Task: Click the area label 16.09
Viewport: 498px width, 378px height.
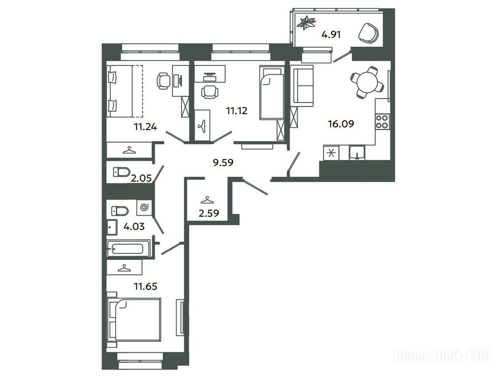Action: pos(341,124)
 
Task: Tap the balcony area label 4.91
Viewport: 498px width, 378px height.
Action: pos(331,34)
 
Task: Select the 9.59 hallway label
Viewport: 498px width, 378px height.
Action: pos(223,162)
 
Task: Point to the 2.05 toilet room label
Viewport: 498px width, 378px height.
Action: pos(141,178)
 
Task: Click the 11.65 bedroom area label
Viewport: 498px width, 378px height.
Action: pos(146,286)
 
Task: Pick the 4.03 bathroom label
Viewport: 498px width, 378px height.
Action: pos(134,226)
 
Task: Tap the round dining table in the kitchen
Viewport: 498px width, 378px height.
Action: pos(368,82)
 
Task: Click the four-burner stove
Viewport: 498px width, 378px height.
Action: pos(382,122)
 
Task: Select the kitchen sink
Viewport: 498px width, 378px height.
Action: pos(357,152)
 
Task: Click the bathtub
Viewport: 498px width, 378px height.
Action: pos(128,249)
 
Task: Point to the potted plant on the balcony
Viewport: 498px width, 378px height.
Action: pos(307,23)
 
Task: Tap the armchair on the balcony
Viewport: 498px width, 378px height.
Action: pos(369,32)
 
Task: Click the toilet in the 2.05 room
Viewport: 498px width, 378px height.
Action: pos(122,172)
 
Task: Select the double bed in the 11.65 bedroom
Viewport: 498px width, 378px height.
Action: pos(134,319)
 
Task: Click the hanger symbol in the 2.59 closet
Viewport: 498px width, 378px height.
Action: pos(207,200)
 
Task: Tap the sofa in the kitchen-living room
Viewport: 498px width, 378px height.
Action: pos(302,86)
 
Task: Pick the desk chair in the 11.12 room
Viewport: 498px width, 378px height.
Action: pos(210,92)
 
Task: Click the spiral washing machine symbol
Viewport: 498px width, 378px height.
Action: pos(144,208)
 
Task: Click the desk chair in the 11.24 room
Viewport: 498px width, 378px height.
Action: pos(163,81)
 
